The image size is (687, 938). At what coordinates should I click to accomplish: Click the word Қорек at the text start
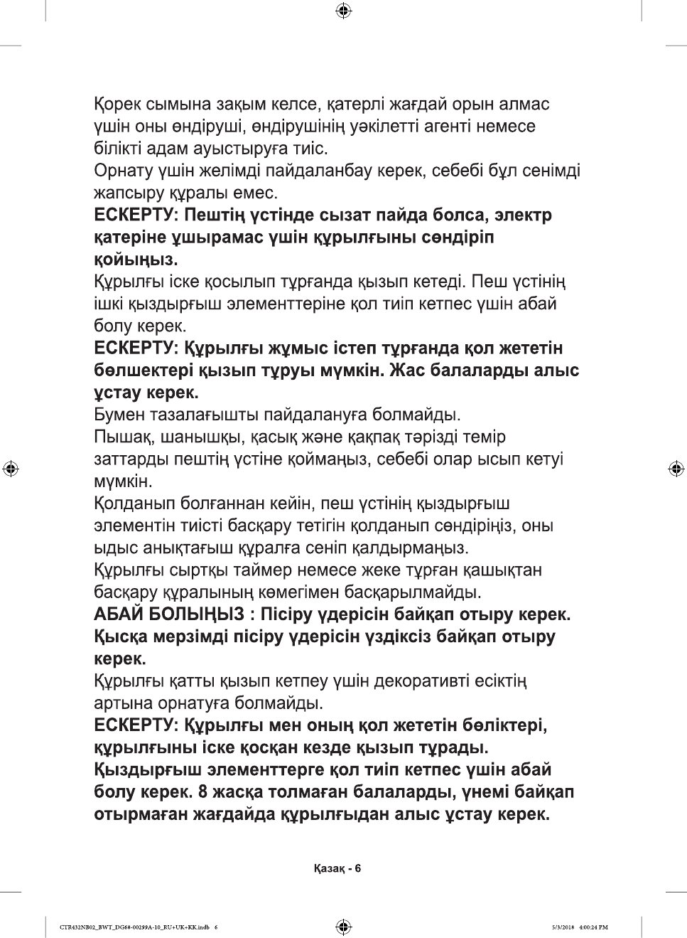point(117,105)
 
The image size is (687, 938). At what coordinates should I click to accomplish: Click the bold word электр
point(523,215)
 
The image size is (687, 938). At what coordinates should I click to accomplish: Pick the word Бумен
point(119,415)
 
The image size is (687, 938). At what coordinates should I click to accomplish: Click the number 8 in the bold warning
point(203,792)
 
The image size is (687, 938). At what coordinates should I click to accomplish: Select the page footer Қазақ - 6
point(337,868)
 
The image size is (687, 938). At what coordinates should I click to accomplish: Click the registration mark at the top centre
point(343,11)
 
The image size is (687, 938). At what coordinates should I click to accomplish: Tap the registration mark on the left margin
point(11,469)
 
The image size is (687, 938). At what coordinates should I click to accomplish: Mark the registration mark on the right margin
point(676,469)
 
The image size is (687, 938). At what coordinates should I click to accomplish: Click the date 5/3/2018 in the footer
point(563,927)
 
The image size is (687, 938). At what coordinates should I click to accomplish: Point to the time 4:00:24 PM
point(594,927)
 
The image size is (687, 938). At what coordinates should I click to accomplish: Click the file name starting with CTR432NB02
point(134,927)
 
